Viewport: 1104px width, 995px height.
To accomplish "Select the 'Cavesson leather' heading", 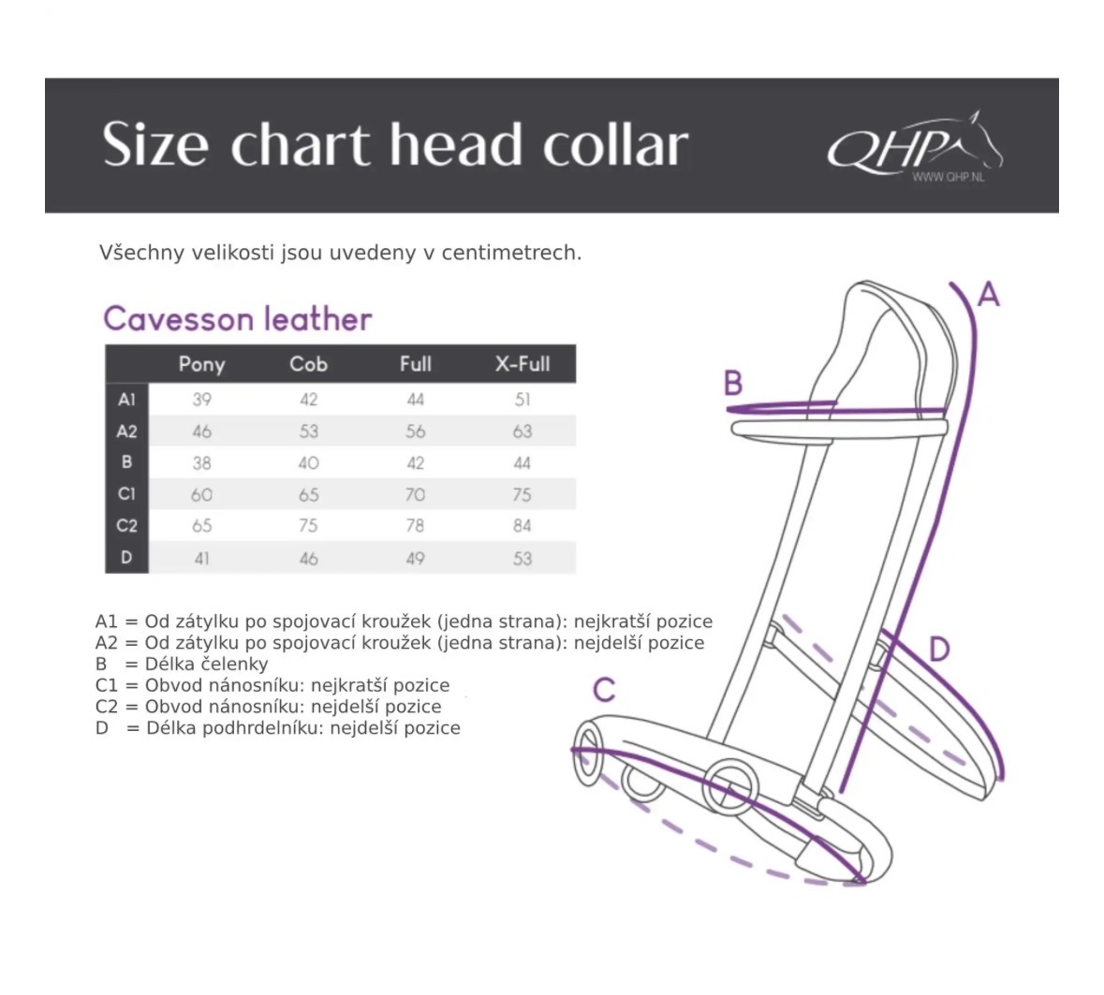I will tap(237, 319).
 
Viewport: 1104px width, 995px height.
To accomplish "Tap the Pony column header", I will tap(201, 364).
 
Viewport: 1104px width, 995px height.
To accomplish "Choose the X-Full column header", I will tap(522, 364).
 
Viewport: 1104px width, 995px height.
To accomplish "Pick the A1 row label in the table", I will tap(126, 400).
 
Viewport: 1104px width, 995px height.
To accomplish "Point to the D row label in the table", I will tap(126, 558).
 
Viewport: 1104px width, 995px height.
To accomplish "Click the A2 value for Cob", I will tap(308, 432).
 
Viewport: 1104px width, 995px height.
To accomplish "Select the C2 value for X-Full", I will tap(522, 526).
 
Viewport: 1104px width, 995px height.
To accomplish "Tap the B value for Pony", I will tap(201, 463).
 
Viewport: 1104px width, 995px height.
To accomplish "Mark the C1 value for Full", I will tap(415, 494).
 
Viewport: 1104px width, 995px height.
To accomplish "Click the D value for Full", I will tap(415, 559).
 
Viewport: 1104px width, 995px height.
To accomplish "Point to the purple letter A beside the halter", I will tap(989, 296).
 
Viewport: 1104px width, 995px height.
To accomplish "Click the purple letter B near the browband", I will tap(733, 383).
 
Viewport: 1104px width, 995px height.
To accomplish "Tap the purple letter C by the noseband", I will tap(604, 690).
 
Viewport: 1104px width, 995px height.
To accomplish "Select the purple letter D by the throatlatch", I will tap(939, 649).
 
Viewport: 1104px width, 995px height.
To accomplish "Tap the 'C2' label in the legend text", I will tap(108, 707).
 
